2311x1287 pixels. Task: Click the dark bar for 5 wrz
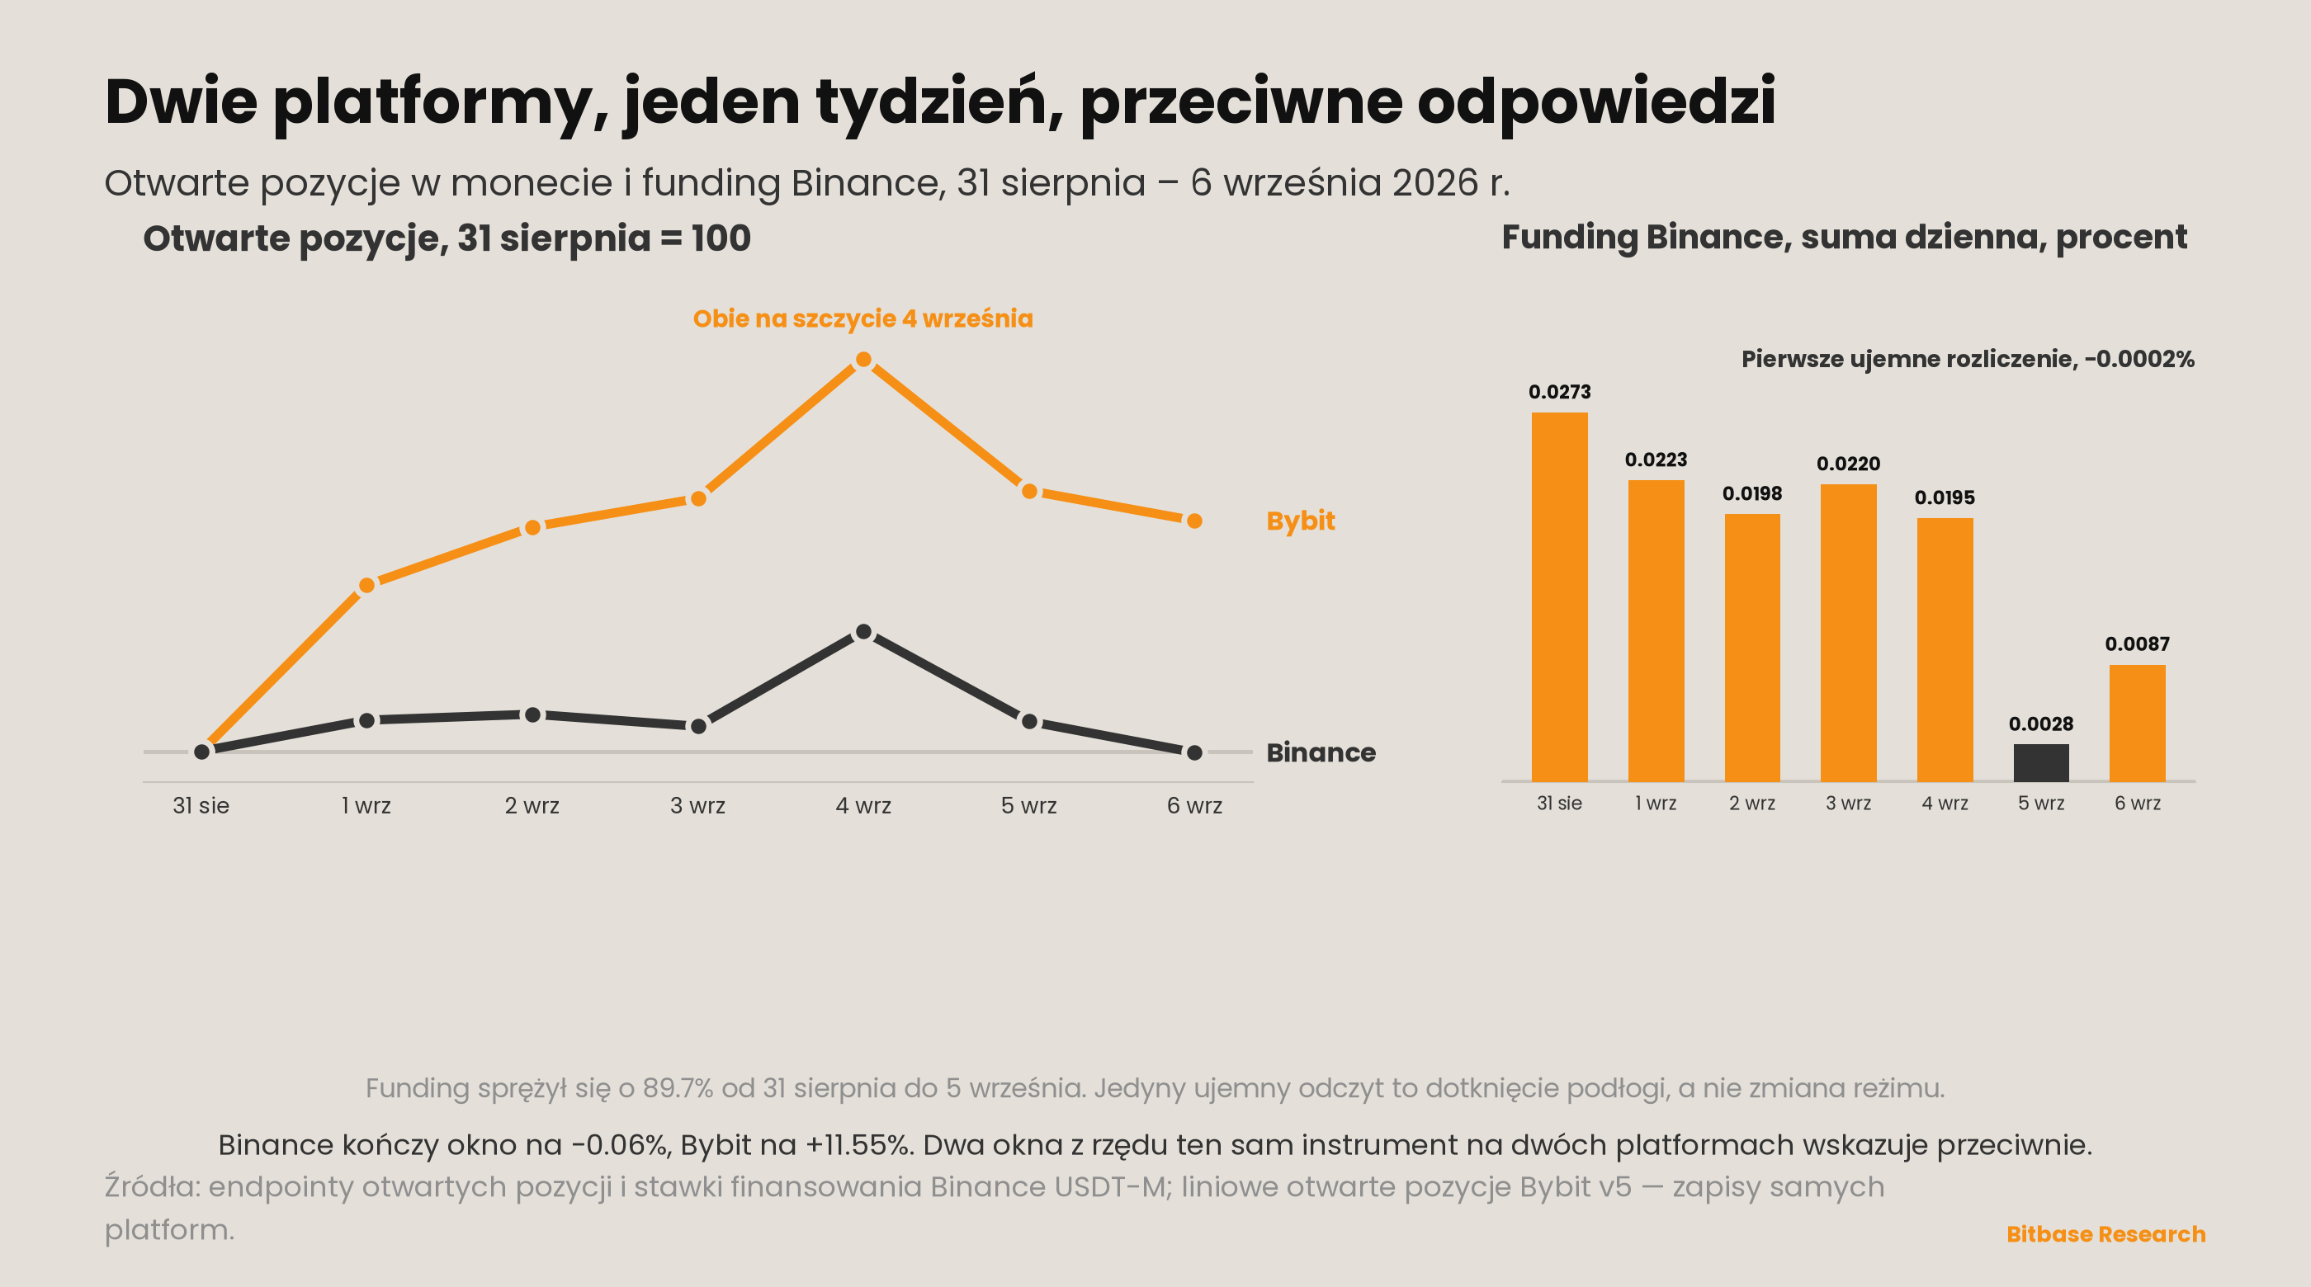pos(2041,762)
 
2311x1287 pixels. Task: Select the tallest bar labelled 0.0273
pos(1559,596)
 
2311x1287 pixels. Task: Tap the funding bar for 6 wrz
pos(2137,723)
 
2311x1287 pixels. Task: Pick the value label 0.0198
pos(1752,493)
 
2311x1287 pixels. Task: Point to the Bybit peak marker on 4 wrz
pos(863,360)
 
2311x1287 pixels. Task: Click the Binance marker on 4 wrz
pos(863,632)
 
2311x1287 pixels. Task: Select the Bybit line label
pos(1300,521)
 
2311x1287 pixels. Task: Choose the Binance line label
pos(1321,752)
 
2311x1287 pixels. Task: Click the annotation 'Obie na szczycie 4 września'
pos(863,318)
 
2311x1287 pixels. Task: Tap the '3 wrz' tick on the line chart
pos(698,805)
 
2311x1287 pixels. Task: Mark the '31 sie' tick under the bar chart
pos(1559,803)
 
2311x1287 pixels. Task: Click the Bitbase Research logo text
pos(2105,1234)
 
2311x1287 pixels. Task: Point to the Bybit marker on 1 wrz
pos(367,586)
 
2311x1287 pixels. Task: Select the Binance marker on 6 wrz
pos(1194,752)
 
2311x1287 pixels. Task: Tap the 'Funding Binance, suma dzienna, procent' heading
pos(1845,238)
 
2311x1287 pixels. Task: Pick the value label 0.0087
pos(2137,644)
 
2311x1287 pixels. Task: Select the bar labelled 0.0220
pos(1848,632)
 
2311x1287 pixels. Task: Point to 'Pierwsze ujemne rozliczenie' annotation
pos(1909,359)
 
